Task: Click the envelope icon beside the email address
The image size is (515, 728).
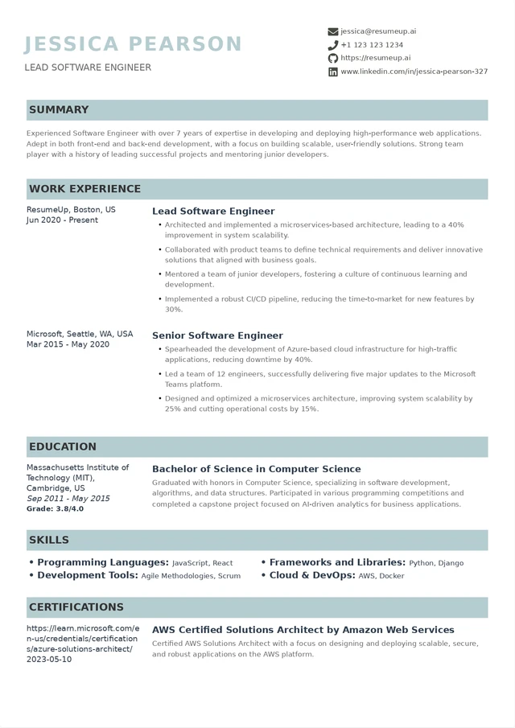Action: point(333,31)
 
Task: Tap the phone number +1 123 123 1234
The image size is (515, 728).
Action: point(372,45)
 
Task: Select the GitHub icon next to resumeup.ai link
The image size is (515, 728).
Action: point(333,58)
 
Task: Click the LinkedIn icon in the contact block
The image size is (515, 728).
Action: point(333,72)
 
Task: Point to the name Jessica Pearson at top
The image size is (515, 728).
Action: point(133,43)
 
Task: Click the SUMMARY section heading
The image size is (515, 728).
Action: point(59,109)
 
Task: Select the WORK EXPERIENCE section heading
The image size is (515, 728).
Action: point(84,189)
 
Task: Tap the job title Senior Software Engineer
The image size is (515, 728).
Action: point(217,335)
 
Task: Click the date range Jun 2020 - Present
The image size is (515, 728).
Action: point(62,220)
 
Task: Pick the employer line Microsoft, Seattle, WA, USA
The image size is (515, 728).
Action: point(80,334)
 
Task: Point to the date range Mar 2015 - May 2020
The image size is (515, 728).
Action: point(68,344)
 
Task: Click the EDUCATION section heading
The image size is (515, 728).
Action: point(62,446)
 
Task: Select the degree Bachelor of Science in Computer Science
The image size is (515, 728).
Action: point(256,469)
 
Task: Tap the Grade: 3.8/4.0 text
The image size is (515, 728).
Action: point(55,509)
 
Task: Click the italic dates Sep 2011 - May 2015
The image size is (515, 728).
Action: point(68,499)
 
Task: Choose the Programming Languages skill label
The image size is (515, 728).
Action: point(103,562)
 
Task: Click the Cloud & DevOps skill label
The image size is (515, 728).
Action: point(312,575)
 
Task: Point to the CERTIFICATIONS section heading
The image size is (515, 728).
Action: point(76,607)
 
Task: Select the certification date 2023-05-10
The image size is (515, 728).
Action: point(49,660)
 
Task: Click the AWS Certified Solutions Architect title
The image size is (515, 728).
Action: point(303,630)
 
